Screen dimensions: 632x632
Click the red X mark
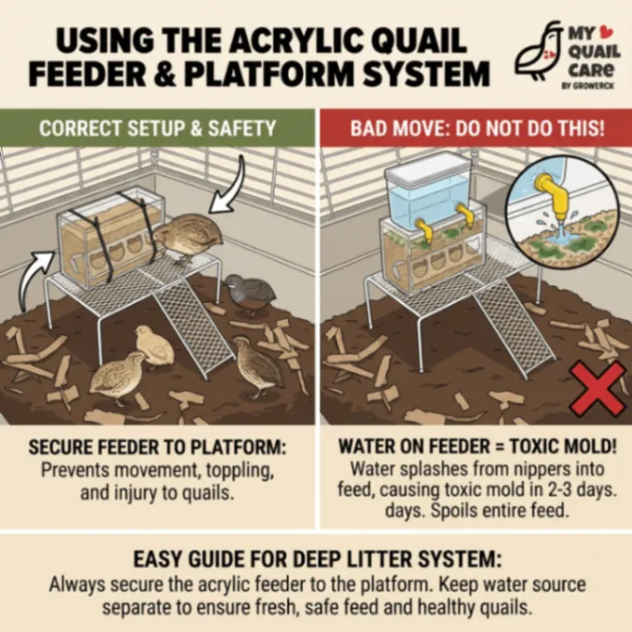598,389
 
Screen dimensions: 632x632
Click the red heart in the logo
603,31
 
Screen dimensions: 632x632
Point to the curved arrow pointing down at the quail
232,185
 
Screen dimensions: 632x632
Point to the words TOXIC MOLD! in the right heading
563,446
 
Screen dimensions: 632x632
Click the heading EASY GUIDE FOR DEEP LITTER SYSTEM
317,559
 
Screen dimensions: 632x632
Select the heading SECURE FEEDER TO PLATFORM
158,447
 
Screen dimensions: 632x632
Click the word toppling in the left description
240,471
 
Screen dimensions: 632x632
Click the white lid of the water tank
427,166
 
